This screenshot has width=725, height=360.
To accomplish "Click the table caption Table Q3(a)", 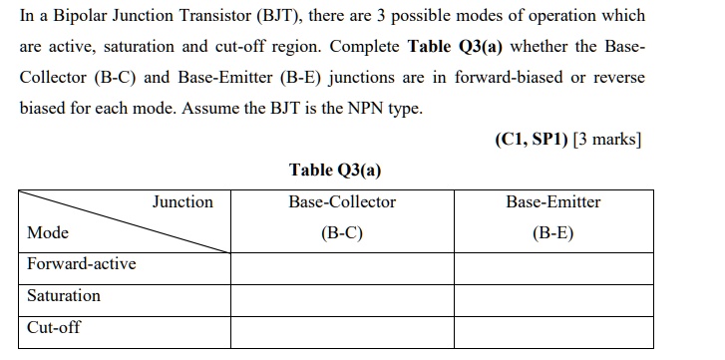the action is pos(335,170).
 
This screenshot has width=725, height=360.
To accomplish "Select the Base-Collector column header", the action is pos(342,202).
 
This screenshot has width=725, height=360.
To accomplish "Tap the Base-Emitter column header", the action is pos(553,202).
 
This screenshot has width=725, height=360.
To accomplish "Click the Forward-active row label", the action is pos(82,264).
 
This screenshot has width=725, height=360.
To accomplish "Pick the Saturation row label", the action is pos(64,296).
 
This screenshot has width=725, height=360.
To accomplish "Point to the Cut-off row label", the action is pos(54,327).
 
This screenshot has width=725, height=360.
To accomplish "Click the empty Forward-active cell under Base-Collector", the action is pos(342,268).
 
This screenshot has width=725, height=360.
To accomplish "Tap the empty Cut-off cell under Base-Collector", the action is pos(342,331).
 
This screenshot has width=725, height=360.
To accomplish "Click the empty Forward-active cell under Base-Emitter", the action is pos(553,268).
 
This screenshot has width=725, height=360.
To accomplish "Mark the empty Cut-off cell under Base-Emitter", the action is pos(553,331).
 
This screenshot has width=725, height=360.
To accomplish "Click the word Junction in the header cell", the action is pos(182,202).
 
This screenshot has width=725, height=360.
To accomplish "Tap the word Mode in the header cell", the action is pos(48,233).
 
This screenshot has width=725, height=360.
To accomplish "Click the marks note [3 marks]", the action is pos(602,139).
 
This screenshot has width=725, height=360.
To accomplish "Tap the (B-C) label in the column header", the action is pos(342,234).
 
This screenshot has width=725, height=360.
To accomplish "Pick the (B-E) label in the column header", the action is pos(553,234).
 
